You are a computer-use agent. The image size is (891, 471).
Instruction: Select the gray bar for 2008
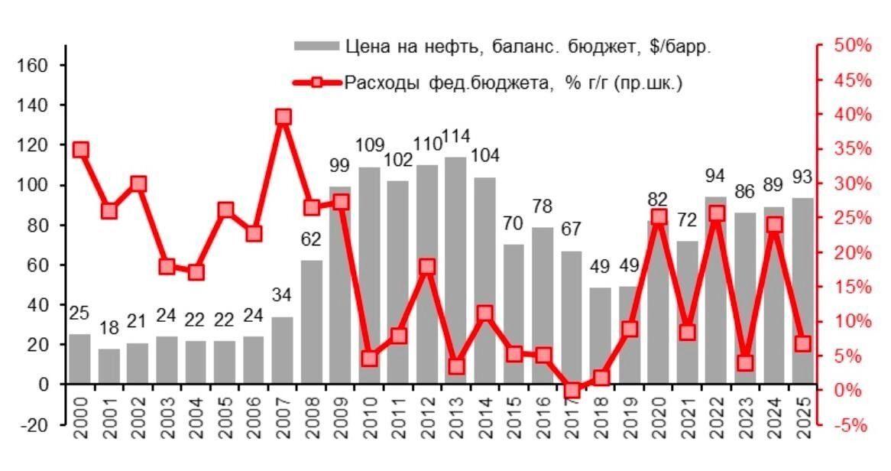point(312,322)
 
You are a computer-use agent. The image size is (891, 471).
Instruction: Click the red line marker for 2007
point(283,117)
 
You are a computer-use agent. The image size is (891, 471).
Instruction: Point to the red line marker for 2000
point(80,150)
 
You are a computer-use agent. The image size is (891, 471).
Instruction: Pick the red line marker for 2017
point(572,391)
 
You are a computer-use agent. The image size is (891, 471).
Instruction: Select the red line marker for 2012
point(427,267)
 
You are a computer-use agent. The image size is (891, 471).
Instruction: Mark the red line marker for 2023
point(746,362)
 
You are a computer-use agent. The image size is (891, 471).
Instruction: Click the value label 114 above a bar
point(456,138)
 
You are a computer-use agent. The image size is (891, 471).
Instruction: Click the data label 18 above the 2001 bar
point(109,329)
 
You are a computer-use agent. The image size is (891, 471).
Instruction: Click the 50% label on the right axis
point(851,46)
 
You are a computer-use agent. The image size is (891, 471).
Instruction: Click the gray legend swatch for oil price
point(315,47)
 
